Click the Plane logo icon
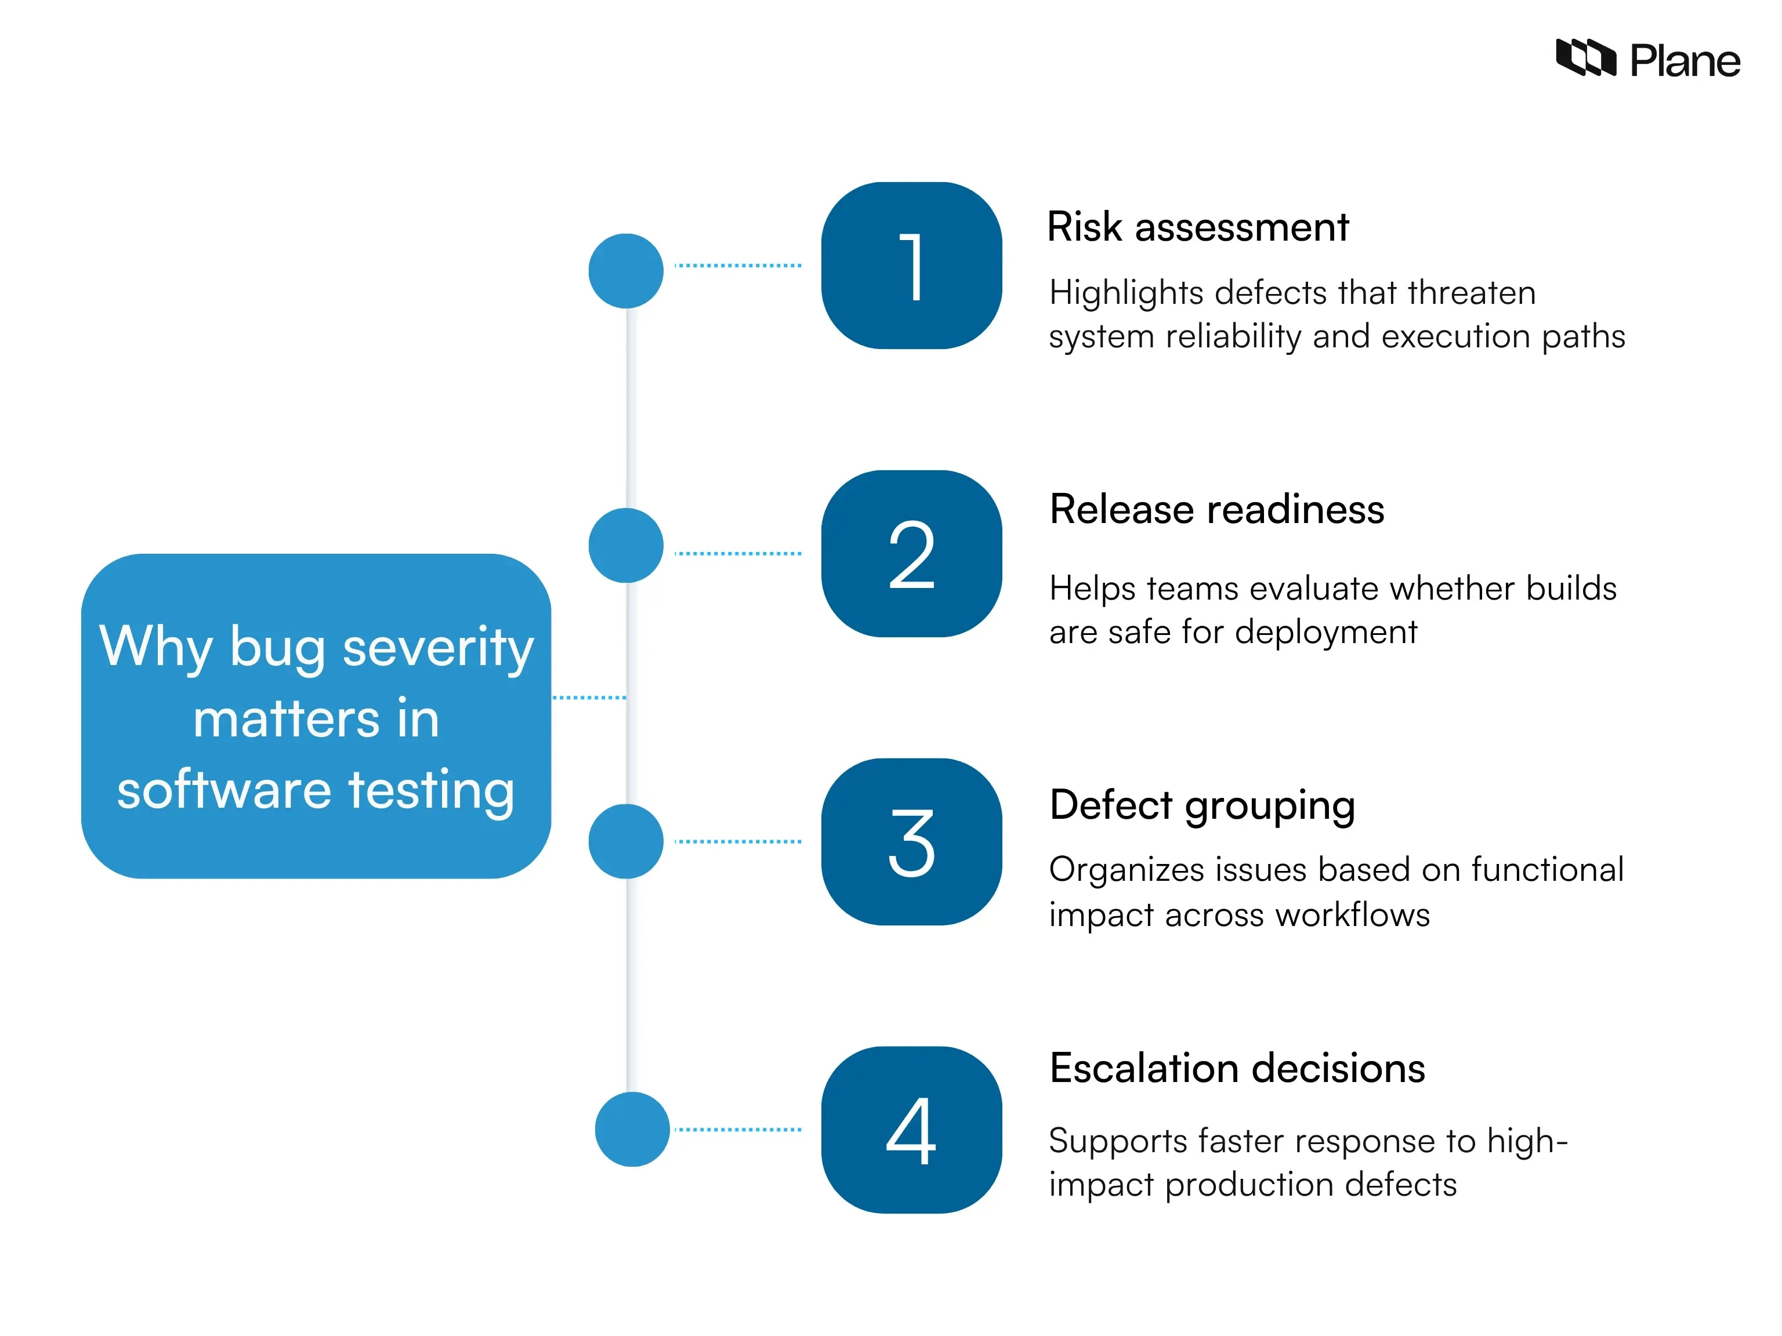(x=1585, y=58)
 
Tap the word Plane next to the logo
(x=1685, y=61)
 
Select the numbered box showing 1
(x=911, y=266)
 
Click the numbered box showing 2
(x=911, y=554)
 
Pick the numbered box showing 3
(x=911, y=841)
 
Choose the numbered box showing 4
(x=911, y=1129)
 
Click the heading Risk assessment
(x=1197, y=227)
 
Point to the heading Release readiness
(x=1216, y=510)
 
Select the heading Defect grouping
(x=1202, y=805)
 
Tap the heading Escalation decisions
(x=1237, y=1069)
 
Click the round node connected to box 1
(x=626, y=271)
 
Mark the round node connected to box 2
(x=626, y=545)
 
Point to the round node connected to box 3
(x=626, y=841)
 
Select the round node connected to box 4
(x=632, y=1129)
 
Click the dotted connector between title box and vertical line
(x=589, y=698)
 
